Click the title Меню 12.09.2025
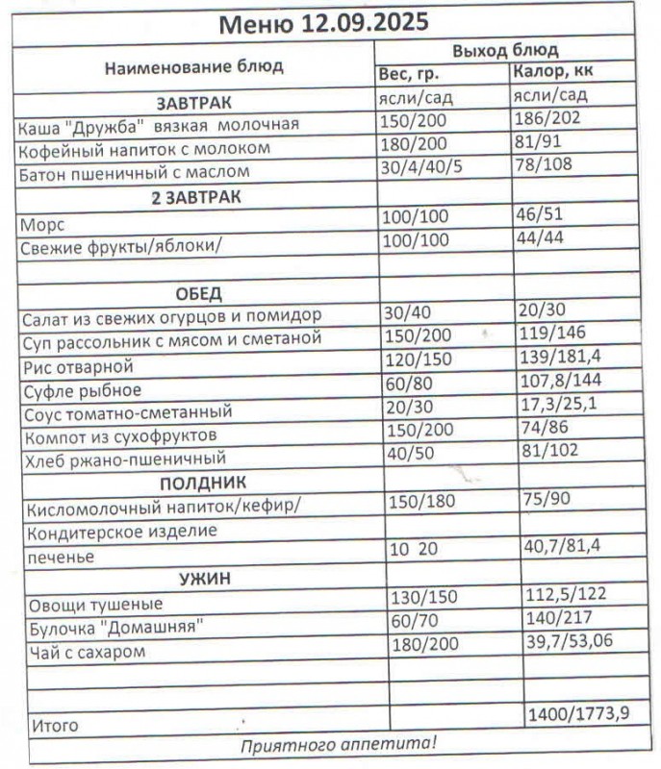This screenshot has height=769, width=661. pyautogui.click(x=324, y=23)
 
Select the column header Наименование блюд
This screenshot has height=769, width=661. pyautogui.click(x=193, y=67)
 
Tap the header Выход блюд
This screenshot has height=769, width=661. pyautogui.click(x=505, y=50)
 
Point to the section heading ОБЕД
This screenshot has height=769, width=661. pyautogui.click(x=198, y=293)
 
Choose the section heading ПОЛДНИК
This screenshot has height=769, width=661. pyautogui.click(x=203, y=482)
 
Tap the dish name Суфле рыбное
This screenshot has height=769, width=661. pyautogui.click(x=81, y=389)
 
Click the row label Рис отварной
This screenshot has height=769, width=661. pyautogui.click(x=76, y=366)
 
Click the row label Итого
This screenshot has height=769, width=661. pyautogui.click(x=55, y=726)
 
